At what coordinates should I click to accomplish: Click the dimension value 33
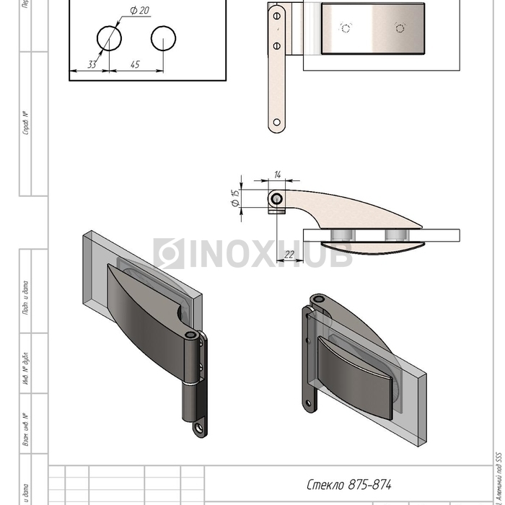[x=92, y=64]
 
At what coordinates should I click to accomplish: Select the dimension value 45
[x=135, y=64]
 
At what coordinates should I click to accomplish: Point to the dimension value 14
[x=278, y=175]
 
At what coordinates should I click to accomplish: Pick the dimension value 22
[x=289, y=254]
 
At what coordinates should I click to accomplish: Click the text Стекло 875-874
[x=344, y=485]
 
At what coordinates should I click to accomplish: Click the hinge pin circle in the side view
[x=276, y=198]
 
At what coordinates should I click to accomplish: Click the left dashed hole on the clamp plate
[x=346, y=28]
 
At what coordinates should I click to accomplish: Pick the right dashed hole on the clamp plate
[x=400, y=28]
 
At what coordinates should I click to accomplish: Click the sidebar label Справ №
[x=26, y=123]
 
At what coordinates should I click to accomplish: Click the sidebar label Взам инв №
[x=26, y=429]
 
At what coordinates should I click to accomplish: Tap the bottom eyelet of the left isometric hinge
[x=197, y=429]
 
